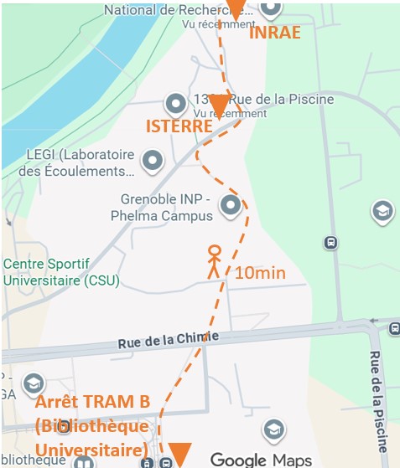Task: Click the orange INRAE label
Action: [275, 33]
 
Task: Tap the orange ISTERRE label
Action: [179, 126]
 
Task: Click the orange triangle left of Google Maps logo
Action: [180, 451]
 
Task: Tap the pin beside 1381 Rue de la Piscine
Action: [176, 104]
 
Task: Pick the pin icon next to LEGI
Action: [152, 159]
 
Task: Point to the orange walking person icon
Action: [214, 261]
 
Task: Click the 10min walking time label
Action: [260, 273]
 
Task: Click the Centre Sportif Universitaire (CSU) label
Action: [60, 272]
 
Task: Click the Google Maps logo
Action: [260, 459]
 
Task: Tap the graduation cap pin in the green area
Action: [382, 209]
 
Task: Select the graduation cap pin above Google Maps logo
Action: [272, 430]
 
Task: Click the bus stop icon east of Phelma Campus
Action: [331, 243]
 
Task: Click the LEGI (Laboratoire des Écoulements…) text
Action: [81, 163]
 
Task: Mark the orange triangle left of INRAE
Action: [236, 8]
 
